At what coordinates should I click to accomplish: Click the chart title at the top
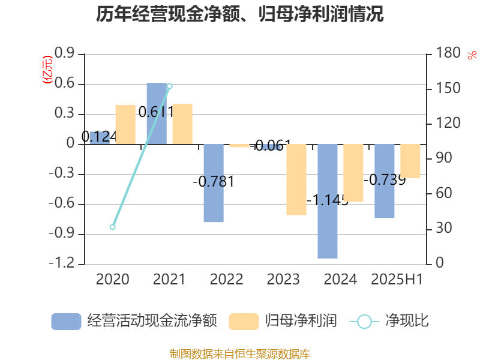[240, 14]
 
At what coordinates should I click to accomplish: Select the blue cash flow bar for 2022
[213, 183]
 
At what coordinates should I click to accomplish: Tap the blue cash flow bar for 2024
[328, 201]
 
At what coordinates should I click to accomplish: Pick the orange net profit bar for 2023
[296, 179]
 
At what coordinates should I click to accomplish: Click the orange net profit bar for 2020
[125, 125]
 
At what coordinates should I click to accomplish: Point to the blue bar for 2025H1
[385, 181]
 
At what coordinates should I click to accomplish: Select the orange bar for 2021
[182, 124]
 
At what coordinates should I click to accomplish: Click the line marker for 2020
[113, 227]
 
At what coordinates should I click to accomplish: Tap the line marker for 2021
[169, 86]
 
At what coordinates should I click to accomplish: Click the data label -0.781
[213, 181]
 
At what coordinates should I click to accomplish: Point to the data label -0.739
[385, 179]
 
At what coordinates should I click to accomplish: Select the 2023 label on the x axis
[284, 279]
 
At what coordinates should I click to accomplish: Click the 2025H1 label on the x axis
[397, 279]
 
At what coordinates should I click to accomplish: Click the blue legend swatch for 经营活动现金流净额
[66, 321]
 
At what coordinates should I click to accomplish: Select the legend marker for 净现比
[364, 322]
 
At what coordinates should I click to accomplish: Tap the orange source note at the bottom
[240, 353]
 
